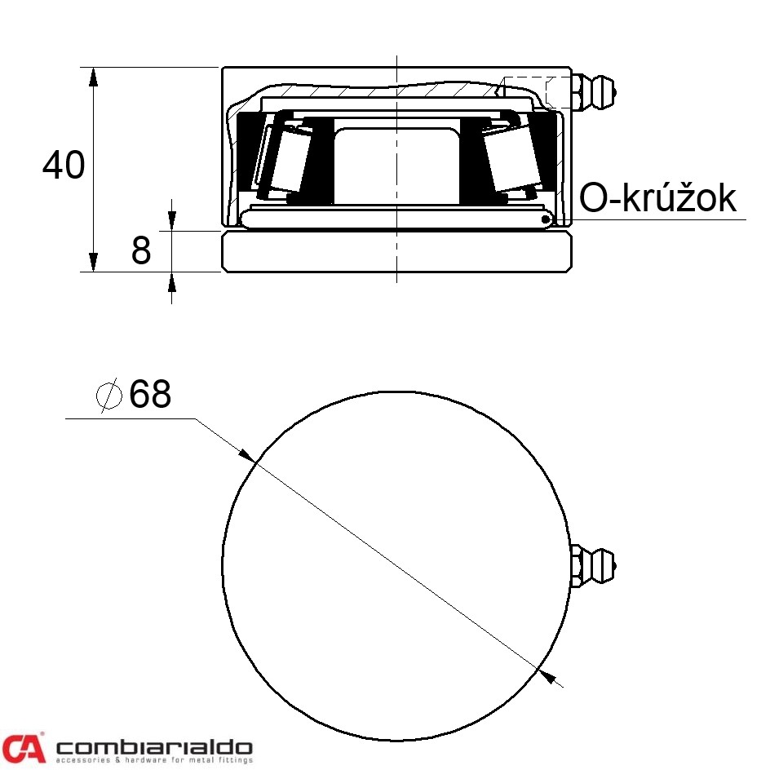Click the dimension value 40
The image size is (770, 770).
click(64, 166)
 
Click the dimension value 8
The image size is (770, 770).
click(141, 251)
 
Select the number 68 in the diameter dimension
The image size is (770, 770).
click(150, 395)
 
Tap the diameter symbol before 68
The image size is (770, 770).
click(109, 396)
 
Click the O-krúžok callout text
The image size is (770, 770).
click(657, 198)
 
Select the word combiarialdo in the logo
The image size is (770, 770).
click(153, 746)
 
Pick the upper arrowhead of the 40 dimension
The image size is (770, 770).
click(94, 77)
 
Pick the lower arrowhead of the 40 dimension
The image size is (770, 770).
click(94, 262)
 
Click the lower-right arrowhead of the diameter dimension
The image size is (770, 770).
click(549, 675)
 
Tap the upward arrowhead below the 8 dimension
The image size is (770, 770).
click(171, 281)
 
